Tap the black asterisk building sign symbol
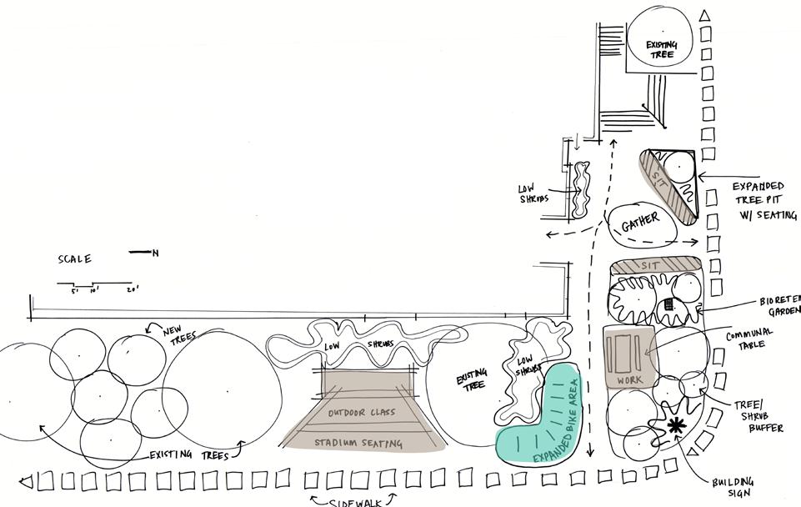pyautogui.click(x=675, y=426)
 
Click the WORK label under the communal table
pyautogui.click(x=630, y=380)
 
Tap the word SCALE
pyautogui.click(x=74, y=259)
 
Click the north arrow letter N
pyautogui.click(x=155, y=253)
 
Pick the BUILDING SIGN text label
pyautogui.click(x=733, y=487)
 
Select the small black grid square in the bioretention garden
pyautogui.click(x=668, y=305)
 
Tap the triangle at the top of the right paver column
pyautogui.click(x=704, y=16)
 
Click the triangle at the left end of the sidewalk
pyautogui.click(x=25, y=482)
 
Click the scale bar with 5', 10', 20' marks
pyautogui.click(x=93, y=284)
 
